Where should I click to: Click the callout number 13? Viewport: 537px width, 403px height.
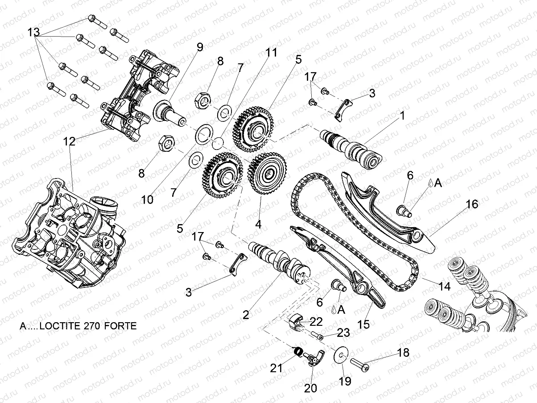tap(34, 33)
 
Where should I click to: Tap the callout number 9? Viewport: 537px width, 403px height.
tap(199, 46)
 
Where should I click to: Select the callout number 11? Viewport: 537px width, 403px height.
tap(271, 53)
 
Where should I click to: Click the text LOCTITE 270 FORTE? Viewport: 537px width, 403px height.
tap(88, 326)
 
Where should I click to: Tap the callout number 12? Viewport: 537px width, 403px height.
tap(70, 142)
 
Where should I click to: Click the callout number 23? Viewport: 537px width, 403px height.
tap(343, 333)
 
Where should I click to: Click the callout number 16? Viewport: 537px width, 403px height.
tap(472, 205)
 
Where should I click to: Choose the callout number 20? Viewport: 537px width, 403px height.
tap(310, 388)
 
